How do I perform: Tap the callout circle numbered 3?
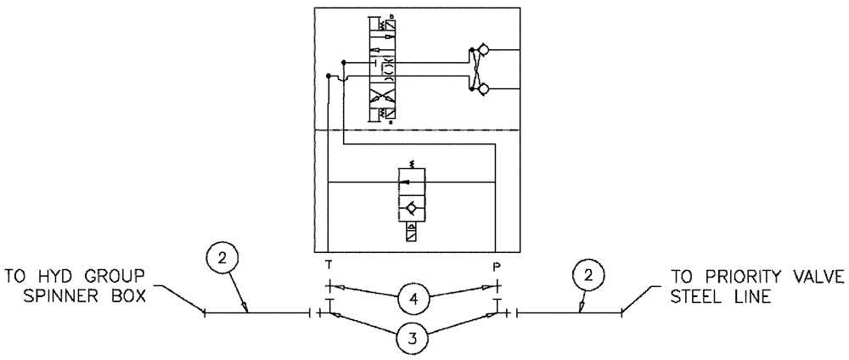tap(411, 337)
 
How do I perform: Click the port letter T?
tap(327, 264)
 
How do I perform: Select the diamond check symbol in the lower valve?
tap(412, 206)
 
